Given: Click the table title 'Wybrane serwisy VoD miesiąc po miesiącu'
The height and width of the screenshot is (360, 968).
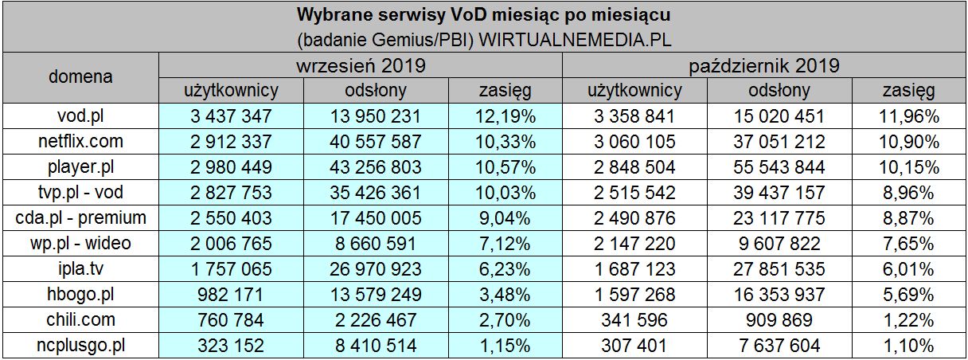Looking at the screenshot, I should pos(483,15).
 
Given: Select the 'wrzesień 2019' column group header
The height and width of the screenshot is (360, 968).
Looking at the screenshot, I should pos(360,65).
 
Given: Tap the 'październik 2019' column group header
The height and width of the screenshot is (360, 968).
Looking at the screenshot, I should pos(764,65).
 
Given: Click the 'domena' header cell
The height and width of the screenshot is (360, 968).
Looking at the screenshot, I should pos(80,77).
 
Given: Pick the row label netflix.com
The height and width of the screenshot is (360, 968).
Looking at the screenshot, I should pos(80,142).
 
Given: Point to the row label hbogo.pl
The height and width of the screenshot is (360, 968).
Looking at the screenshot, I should pos(80,295).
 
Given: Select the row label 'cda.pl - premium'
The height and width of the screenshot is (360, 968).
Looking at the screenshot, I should pos(80,218).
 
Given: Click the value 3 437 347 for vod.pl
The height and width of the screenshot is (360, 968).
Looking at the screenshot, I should pos(231,116).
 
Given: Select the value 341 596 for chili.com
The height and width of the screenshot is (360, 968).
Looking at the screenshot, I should pos(634,320).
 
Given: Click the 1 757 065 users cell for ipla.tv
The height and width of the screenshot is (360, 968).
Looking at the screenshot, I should pos(231,269).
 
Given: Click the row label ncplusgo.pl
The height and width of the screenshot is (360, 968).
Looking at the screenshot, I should pos(80,346).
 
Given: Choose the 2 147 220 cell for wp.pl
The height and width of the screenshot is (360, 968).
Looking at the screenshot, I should pos(634,244).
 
